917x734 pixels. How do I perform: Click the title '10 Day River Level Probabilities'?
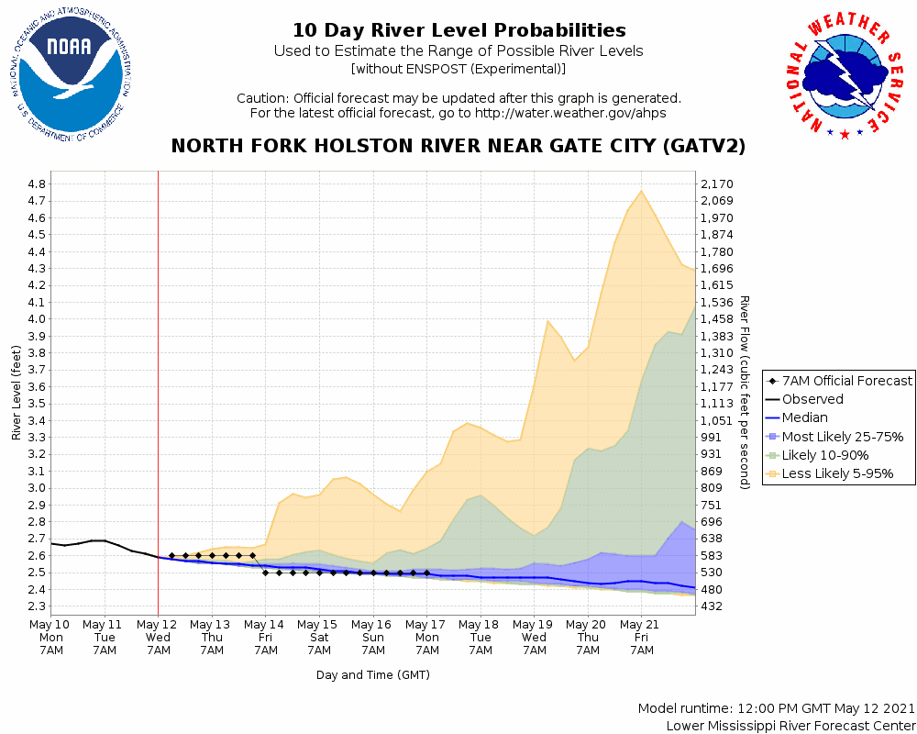point(458,31)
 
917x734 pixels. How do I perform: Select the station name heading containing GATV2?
point(458,146)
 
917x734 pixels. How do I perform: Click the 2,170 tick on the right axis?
point(718,183)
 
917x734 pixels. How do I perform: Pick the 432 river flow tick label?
point(712,606)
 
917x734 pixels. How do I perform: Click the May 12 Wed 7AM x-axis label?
point(158,636)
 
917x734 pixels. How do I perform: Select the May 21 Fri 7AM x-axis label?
point(641,636)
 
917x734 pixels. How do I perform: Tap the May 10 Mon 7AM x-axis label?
point(51,636)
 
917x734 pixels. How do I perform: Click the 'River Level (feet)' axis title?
point(17,393)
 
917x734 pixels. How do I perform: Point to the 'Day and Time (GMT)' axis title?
point(373,675)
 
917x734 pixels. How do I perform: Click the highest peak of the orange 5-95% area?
point(641,191)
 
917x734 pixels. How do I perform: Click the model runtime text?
point(776,709)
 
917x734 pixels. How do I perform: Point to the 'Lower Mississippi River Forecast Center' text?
point(790,726)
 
